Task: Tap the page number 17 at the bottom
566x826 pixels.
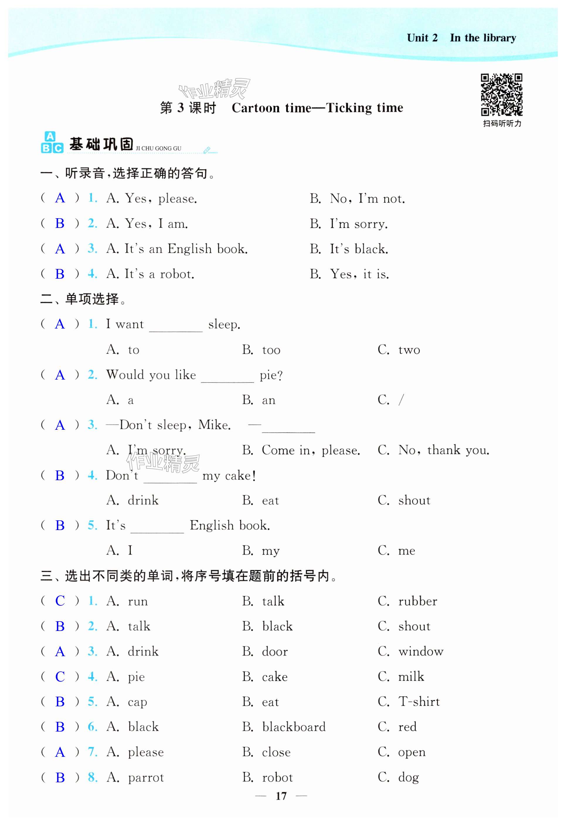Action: tap(281, 796)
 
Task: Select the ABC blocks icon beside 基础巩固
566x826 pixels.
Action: tap(52, 143)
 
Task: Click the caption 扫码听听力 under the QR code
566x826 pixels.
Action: tap(502, 124)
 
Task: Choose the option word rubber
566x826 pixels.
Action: tap(418, 601)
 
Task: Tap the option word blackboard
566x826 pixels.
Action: tap(294, 727)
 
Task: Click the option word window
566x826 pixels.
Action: tap(421, 652)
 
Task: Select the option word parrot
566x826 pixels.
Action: tap(146, 778)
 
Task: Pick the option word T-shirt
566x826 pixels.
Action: tap(419, 702)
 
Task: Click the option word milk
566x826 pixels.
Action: tap(411, 677)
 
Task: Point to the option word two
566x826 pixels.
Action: tap(409, 350)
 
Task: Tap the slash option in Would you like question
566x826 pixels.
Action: tap(401, 400)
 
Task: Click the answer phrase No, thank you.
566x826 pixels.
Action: tap(444, 450)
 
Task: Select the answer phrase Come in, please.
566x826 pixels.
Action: tap(311, 451)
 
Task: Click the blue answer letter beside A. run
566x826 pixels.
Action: tap(60, 601)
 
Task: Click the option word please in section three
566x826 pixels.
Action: tap(146, 752)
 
